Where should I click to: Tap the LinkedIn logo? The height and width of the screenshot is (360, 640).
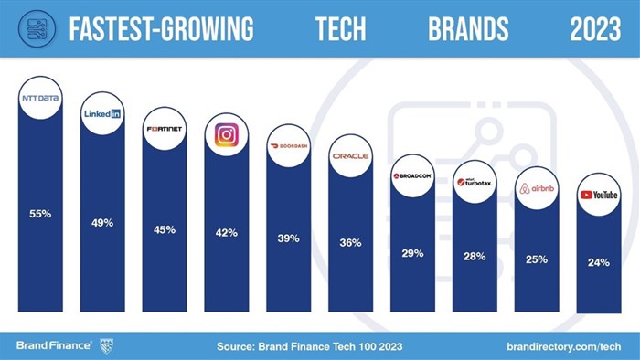[x=102, y=114]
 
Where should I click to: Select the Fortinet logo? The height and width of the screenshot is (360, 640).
[x=165, y=128]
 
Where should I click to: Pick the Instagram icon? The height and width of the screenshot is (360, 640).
[x=226, y=135]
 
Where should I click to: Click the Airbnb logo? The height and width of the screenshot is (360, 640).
[x=537, y=188]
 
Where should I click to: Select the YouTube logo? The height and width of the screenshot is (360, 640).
[x=599, y=195]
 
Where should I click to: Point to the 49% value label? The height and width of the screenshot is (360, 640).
[x=102, y=223]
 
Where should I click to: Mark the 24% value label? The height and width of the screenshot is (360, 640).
[x=599, y=262]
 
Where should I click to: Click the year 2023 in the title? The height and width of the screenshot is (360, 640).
[x=595, y=29]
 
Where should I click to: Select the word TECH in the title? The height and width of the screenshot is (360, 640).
[x=341, y=29]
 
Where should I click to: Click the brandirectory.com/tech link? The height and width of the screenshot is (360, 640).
[x=564, y=346]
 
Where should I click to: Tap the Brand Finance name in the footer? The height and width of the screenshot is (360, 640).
[x=53, y=345]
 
